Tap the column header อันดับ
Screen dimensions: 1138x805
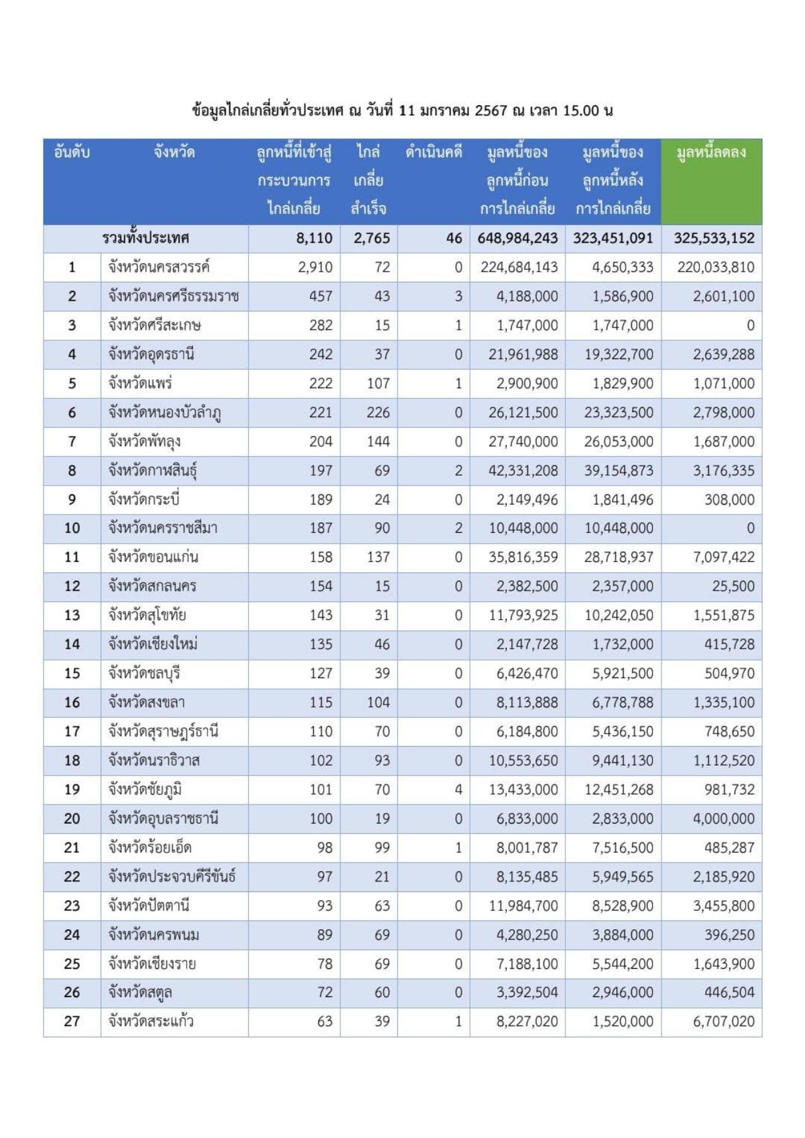pos(72,152)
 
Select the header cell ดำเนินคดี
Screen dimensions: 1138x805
pos(433,152)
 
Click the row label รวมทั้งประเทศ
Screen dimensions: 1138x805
pos(145,238)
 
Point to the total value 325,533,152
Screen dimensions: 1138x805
pos(714,238)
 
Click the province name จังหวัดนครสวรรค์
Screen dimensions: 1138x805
pos(158,267)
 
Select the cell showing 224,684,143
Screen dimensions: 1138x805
pos(519,267)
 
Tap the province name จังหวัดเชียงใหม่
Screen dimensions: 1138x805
pos(153,644)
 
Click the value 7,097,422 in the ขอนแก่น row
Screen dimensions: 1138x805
pos(723,557)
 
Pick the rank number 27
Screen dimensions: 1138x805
pos(72,1021)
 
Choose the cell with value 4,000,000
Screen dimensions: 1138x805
pos(723,818)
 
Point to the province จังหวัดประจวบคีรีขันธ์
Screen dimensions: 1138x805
pos(172,876)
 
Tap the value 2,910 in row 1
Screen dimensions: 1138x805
pos(315,267)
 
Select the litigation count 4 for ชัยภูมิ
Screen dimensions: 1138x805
pos(458,789)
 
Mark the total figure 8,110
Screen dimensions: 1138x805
pos(314,238)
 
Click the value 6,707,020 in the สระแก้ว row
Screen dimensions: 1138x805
pos(723,1021)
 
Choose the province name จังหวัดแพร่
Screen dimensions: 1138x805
pos(140,383)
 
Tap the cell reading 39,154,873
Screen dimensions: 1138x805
pos(618,471)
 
